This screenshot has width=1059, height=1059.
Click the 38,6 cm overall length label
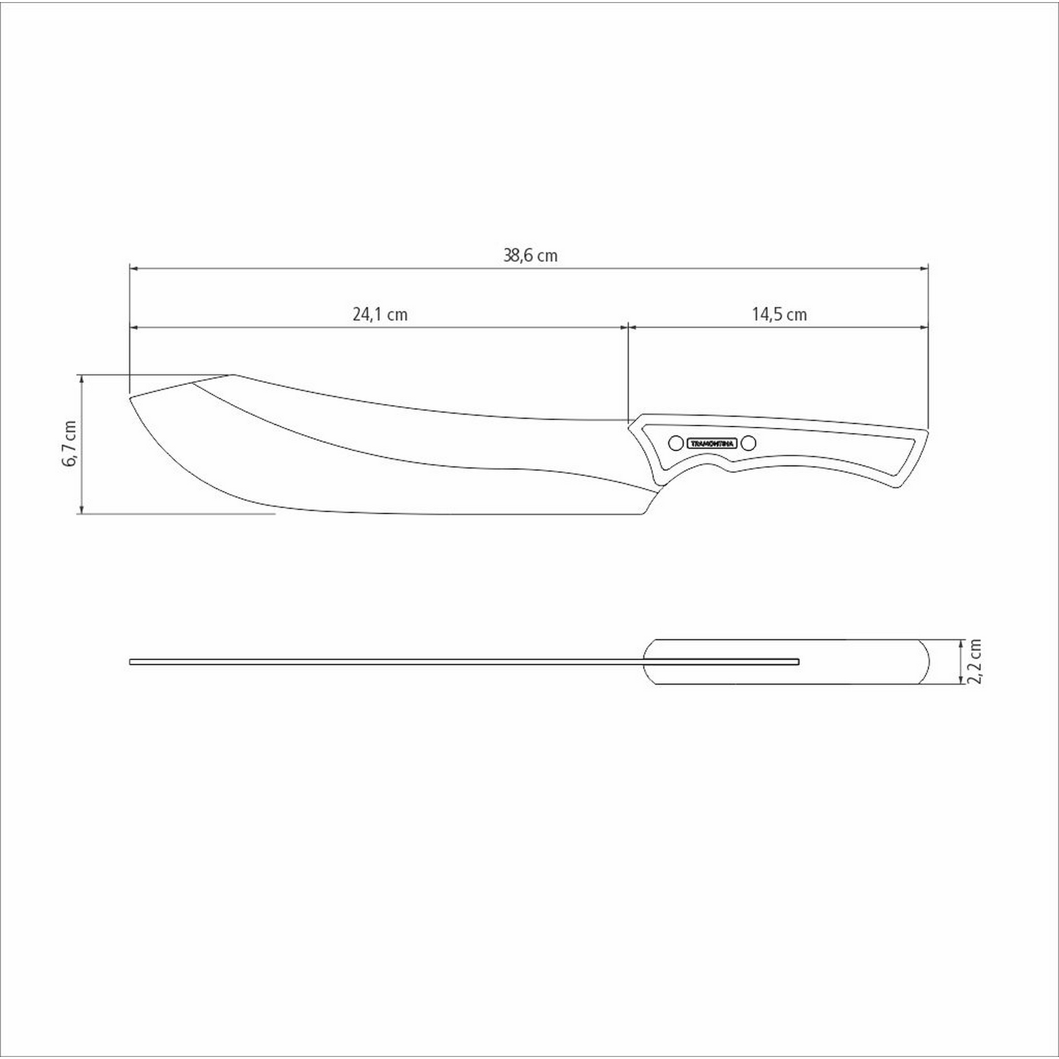530,255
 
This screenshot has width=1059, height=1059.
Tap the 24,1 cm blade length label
380,315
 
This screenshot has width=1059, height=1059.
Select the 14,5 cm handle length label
779,315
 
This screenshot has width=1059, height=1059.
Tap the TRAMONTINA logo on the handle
713,443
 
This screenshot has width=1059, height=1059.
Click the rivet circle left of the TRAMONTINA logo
676,443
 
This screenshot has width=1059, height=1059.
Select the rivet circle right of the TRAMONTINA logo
749,443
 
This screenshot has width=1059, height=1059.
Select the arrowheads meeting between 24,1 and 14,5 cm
627,327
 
